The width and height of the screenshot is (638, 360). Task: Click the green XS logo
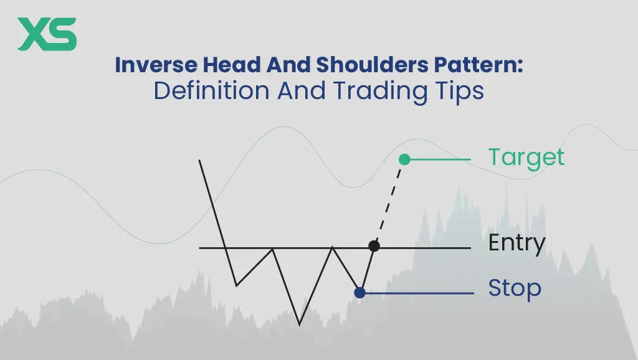(47, 34)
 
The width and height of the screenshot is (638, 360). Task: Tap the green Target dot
(404, 159)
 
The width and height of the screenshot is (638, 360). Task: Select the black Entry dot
(374, 245)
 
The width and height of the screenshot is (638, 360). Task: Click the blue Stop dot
(359, 293)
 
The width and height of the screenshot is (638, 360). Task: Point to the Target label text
(526, 158)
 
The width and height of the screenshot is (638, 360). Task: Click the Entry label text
(517, 244)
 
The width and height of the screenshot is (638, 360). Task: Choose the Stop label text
(515, 288)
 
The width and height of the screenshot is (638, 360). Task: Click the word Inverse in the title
(156, 65)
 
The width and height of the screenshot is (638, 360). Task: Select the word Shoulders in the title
(372, 65)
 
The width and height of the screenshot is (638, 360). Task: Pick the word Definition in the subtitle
(212, 91)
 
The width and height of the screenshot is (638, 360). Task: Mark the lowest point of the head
(300, 324)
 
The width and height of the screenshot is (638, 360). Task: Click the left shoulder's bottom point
(236, 285)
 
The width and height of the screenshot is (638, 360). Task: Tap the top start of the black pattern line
(199, 160)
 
